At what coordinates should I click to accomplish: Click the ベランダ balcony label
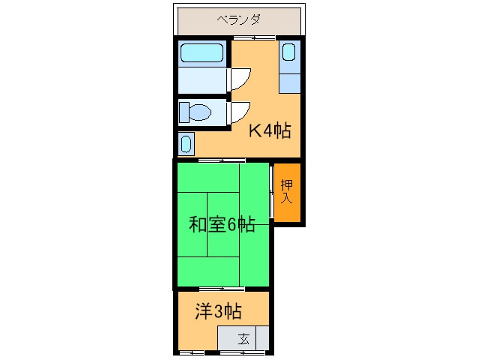(x=238, y=20)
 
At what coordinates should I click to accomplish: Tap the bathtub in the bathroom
(x=202, y=52)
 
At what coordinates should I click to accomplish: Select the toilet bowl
(x=200, y=112)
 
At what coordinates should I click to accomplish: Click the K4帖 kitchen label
(x=270, y=130)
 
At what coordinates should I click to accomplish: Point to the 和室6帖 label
(x=222, y=224)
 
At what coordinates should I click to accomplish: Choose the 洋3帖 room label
(x=218, y=311)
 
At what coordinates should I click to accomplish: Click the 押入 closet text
(x=286, y=191)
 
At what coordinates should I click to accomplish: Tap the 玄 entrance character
(x=243, y=339)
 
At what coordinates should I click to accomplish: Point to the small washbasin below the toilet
(x=186, y=144)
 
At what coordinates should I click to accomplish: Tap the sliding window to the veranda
(x=254, y=37)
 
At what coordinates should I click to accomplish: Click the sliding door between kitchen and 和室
(x=222, y=160)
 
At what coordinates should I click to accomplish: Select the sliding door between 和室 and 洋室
(x=222, y=289)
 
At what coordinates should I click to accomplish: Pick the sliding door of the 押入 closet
(x=272, y=191)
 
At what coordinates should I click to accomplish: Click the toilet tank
(x=184, y=112)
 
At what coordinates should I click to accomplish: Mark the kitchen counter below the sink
(x=290, y=83)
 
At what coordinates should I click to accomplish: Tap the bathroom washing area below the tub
(x=202, y=80)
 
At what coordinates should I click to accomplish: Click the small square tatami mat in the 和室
(x=223, y=224)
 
